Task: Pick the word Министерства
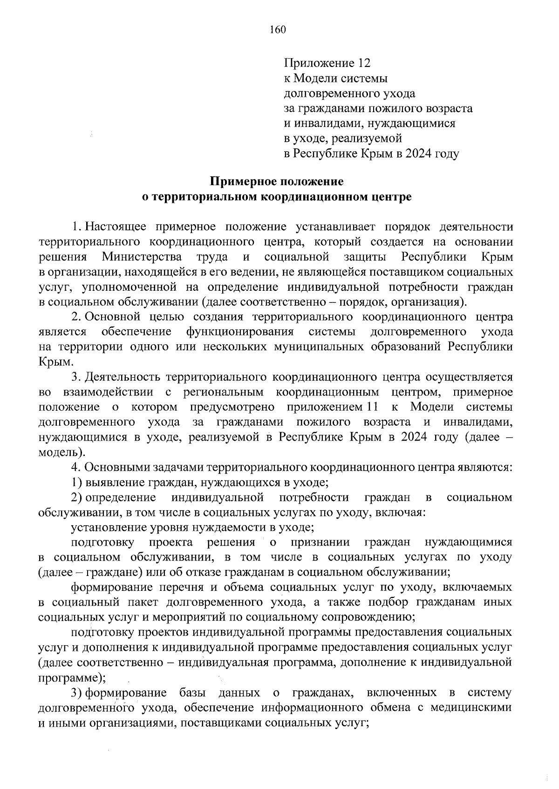click(143, 257)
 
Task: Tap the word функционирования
click(239, 332)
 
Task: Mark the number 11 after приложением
click(371, 407)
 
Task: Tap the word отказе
click(225, 572)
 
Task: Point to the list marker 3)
click(77, 693)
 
